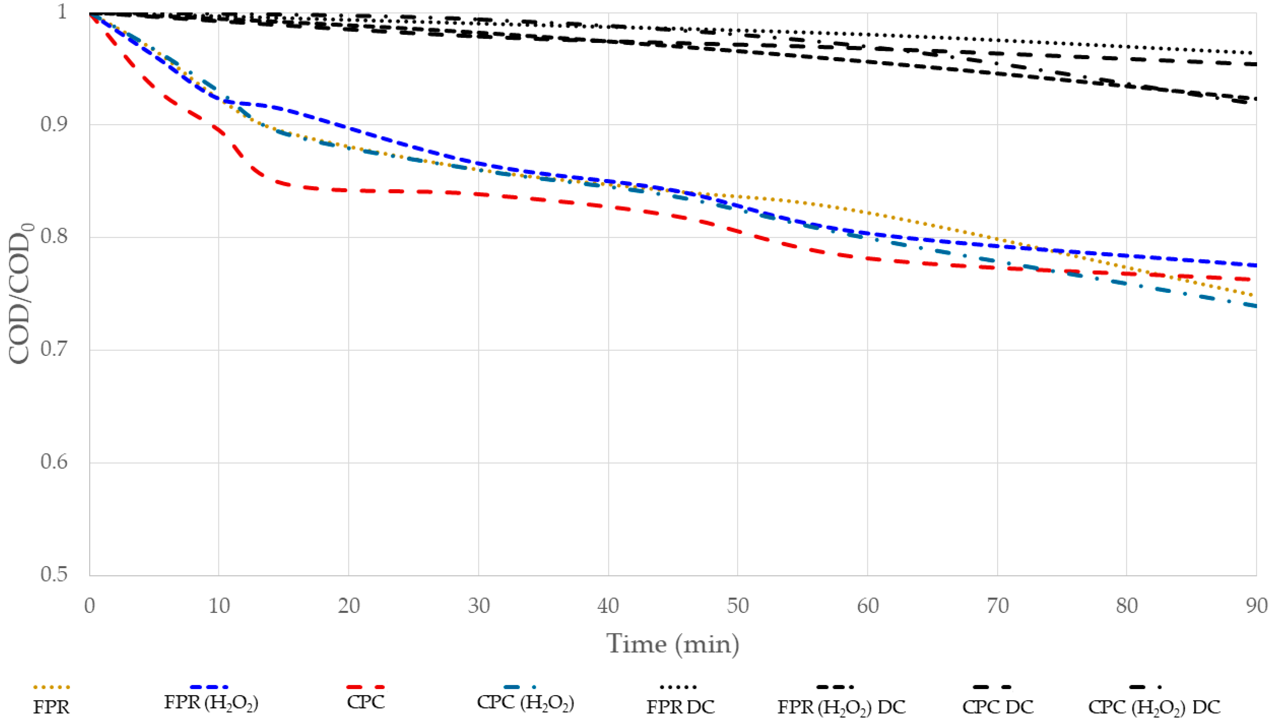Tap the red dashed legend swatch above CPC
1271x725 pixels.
click(365, 687)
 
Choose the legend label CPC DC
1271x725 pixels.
click(998, 707)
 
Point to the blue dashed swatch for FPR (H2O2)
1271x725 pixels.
click(209, 687)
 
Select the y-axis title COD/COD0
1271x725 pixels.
click(20, 294)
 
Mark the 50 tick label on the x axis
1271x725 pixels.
click(738, 605)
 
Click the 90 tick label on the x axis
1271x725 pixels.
click(1256, 605)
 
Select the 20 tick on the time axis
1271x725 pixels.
click(348, 605)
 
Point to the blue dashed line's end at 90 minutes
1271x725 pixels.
click(1255, 265)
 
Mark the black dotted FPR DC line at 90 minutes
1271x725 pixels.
click(1255, 53)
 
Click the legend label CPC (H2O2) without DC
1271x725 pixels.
click(525, 703)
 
